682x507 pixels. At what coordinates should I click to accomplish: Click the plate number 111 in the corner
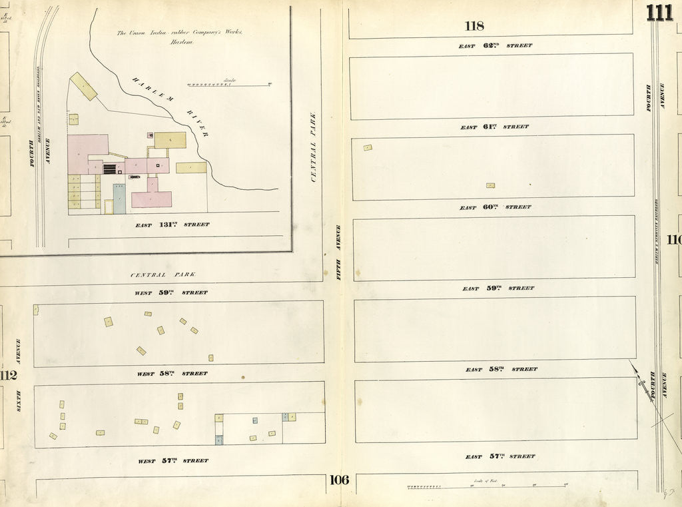659,13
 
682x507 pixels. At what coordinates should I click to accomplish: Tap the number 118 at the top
474,26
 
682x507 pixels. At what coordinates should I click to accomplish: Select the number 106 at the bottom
338,480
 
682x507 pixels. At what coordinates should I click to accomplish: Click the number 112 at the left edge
8,376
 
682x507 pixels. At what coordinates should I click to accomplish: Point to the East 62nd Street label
495,46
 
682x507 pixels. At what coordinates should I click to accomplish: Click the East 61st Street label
494,127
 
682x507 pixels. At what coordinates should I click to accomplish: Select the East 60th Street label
495,207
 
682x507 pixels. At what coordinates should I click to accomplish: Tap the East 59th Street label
498,288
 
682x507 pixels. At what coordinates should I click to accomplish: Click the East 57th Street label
500,456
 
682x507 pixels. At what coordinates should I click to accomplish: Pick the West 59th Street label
171,292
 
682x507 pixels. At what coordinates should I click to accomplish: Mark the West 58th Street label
172,374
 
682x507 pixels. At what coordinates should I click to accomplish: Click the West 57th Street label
172,460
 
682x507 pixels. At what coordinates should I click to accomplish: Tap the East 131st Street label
172,225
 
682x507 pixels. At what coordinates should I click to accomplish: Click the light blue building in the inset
119,199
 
